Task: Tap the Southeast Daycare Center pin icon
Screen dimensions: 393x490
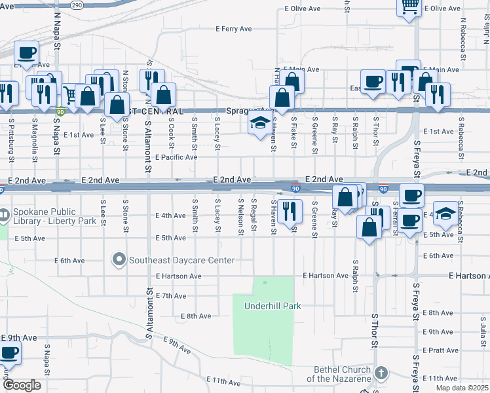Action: pyautogui.click(x=119, y=260)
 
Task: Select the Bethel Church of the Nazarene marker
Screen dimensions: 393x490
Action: pyautogui.click(x=381, y=373)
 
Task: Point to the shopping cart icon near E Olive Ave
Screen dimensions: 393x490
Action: pyautogui.click(x=409, y=7)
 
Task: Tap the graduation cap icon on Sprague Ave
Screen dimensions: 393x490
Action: pyautogui.click(x=260, y=122)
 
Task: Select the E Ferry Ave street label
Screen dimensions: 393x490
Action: pyautogui.click(x=234, y=29)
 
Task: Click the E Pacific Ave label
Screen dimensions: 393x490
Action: pyautogui.click(x=176, y=157)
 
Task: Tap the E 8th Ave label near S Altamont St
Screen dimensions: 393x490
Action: pyautogui.click(x=197, y=316)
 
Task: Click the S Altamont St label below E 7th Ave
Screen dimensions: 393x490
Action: pyautogui.click(x=149, y=317)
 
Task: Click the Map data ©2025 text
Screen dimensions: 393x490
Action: pyautogui.click(x=461, y=388)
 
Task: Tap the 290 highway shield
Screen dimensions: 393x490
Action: pyautogui.click(x=77, y=4)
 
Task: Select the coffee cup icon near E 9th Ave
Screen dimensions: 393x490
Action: pyautogui.click(x=9, y=352)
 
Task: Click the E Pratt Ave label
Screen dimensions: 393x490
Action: pyautogui.click(x=441, y=351)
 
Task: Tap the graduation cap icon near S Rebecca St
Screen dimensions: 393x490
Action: pyautogui.click(x=445, y=214)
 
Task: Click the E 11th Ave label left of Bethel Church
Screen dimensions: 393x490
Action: pyautogui.click(x=220, y=380)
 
